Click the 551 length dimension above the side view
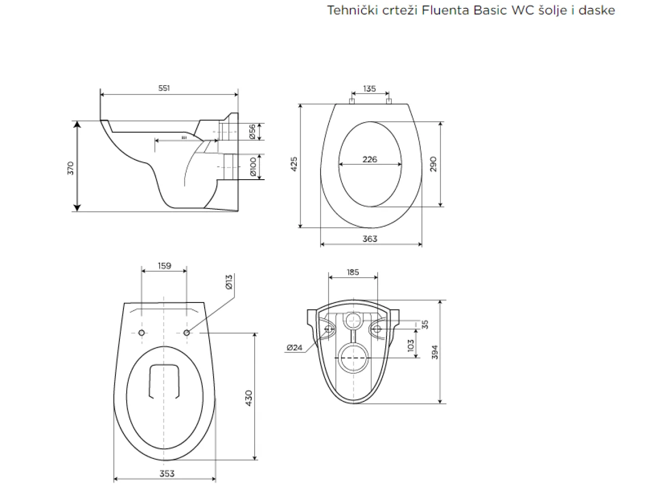click(164, 88)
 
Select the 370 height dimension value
click(70, 168)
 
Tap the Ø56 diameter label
click(252, 131)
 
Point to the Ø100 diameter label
click(253, 167)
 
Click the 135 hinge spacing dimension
click(369, 89)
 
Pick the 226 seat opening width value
click(370, 159)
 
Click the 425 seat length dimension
click(294, 164)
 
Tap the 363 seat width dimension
click(370, 239)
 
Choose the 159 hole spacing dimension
click(164, 266)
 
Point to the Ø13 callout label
click(229, 282)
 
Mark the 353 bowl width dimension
click(167, 473)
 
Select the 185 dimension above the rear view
click(353, 272)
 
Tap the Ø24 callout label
click(294, 347)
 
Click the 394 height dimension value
click(436, 352)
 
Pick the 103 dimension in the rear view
click(410, 345)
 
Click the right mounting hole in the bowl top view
click(187, 333)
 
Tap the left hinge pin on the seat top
click(352, 101)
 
